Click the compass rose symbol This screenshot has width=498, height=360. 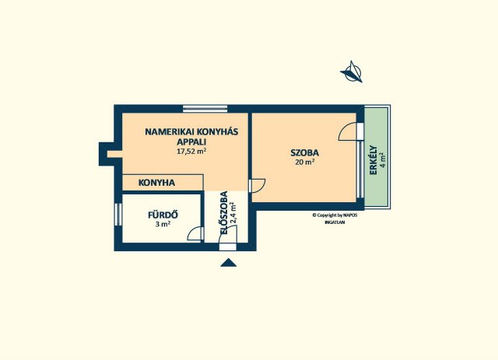point(351,72)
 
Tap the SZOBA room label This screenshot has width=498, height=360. point(305,152)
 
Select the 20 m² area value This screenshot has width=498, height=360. point(305,162)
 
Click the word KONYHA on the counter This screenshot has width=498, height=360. point(156,183)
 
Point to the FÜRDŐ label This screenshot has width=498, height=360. point(163,215)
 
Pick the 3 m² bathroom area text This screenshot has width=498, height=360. point(163,224)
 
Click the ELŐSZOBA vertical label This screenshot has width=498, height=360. point(224,213)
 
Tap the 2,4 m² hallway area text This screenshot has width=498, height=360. point(233,213)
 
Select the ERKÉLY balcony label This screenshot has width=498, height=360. point(373,160)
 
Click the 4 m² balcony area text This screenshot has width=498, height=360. point(384,160)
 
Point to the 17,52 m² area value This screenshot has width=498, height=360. point(191,152)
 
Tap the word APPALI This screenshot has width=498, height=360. point(191,142)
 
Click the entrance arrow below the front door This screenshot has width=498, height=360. point(228,263)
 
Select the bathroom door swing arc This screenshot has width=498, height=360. point(195,233)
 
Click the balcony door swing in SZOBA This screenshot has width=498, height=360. point(347,131)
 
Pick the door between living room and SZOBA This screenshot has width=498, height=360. point(257,186)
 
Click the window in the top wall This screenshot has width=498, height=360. point(205,109)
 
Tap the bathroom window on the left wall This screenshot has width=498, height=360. point(118,215)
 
